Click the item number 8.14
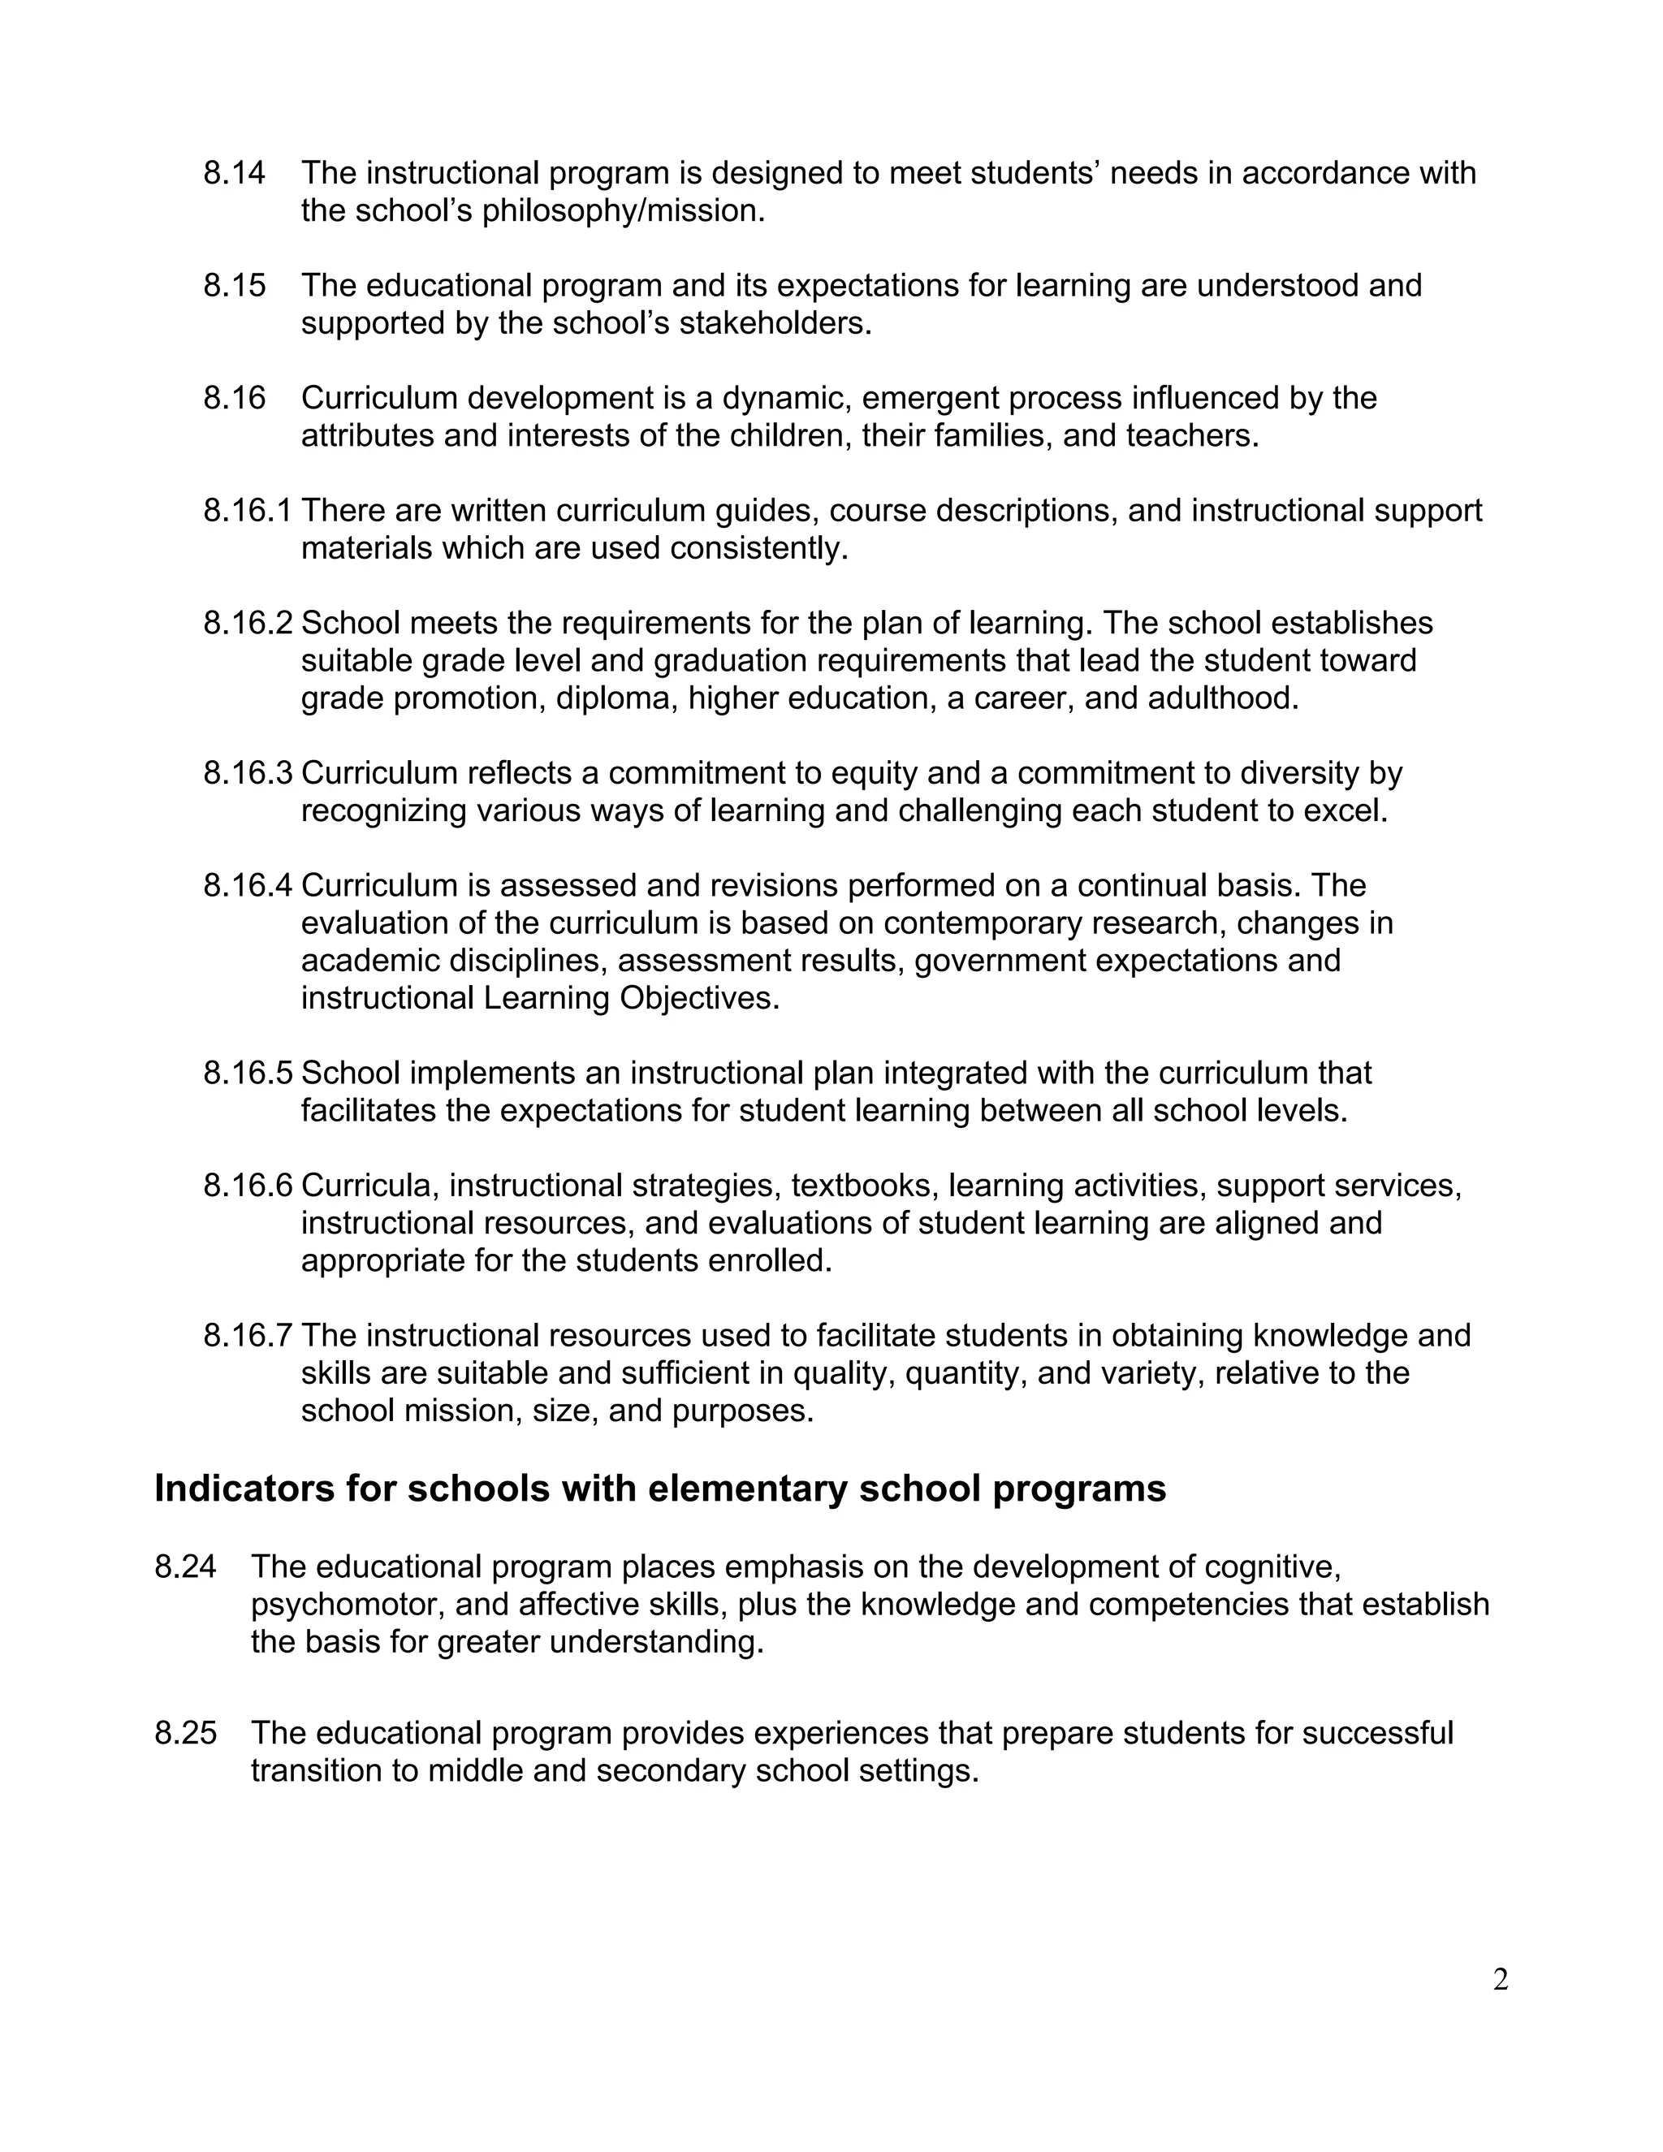[x=234, y=174]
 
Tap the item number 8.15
[x=234, y=286]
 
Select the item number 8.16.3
[x=248, y=773]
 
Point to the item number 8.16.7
[x=248, y=1336]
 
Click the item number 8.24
[x=185, y=1566]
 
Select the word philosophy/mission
[x=623, y=212]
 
